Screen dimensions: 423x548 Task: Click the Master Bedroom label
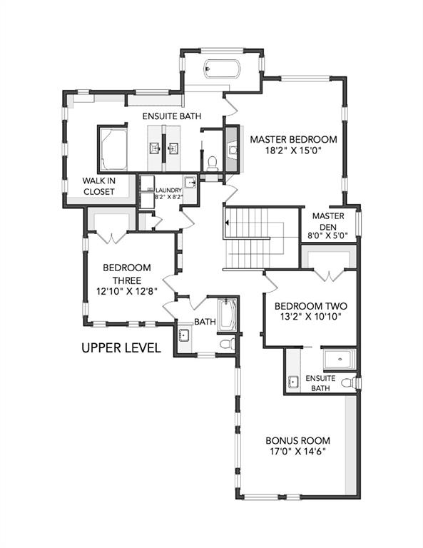point(294,139)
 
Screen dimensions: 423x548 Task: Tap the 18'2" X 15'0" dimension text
point(293,151)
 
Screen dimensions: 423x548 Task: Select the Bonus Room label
point(297,440)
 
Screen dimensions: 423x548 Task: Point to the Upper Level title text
point(121,347)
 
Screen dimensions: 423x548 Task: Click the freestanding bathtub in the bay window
point(222,68)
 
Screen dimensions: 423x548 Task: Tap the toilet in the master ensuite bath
point(213,163)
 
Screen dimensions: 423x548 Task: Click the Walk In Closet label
point(99,186)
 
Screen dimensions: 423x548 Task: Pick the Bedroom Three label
point(127,274)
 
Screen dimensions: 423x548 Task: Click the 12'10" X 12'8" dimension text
point(127,291)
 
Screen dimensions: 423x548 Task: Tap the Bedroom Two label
point(311,306)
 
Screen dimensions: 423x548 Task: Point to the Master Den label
point(328,221)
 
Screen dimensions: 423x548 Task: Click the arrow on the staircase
point(227,223)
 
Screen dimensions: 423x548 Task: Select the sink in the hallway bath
point(184,335)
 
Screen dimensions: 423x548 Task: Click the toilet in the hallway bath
point(228,344)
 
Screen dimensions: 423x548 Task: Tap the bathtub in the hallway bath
point(228,315)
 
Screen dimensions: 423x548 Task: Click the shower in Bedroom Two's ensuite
point(340,360)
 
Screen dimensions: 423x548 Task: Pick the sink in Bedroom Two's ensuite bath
point(293,382)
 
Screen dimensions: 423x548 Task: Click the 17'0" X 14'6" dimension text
point(297,452)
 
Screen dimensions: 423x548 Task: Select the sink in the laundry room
point(190,183)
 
